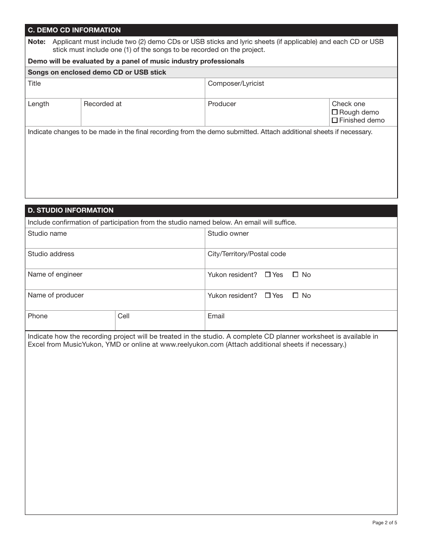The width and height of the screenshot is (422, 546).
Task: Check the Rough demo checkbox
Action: coord(335,112)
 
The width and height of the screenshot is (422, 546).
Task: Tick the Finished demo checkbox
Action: coord(335,120)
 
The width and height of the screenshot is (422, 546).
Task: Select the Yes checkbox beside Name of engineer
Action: coord(268,275)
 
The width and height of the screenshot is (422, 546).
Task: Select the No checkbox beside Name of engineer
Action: coord(296,275)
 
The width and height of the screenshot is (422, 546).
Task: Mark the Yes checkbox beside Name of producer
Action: coord(268,296)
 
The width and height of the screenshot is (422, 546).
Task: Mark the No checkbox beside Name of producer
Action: coord(296,296)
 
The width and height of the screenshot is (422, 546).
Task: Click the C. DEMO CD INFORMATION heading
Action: coord(74,30)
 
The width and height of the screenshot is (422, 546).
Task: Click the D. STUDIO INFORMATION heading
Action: coord(71,210)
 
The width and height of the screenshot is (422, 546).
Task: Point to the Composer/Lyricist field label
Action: coord(236,83)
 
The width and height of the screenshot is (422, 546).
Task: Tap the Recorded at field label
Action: coord(103,104)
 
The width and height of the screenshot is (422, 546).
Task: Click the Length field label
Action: coord(39,104)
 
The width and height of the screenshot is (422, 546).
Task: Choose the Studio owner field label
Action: coord(228,233)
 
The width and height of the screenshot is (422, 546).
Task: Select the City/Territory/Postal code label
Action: coord(247,254)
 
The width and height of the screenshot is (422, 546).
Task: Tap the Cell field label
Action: coord(123,316)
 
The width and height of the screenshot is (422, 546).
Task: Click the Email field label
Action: coord(216,316)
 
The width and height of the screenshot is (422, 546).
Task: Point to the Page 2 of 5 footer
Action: coord(385,522)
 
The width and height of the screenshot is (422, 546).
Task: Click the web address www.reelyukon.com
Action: coord(191,344)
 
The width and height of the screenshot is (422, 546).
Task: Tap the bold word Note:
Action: coord(37,42)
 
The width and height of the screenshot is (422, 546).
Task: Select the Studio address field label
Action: coord(51,254)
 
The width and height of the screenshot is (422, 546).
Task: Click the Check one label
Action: coord(349,104)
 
